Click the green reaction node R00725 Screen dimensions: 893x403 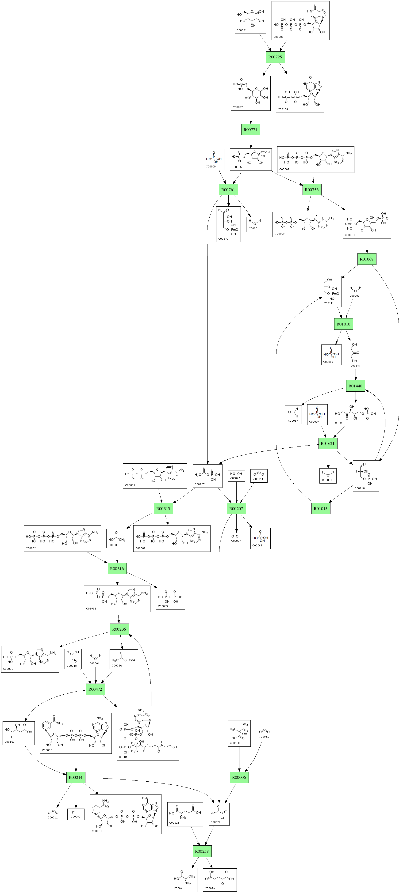275,57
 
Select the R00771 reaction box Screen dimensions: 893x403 250,130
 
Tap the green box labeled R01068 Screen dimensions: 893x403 367,259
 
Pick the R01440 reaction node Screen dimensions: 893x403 356,386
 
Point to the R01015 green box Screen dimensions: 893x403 321,509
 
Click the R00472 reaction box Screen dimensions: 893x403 95,689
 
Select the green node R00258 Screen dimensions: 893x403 202,851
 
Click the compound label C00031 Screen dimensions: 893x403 241,30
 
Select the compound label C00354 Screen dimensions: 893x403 349,235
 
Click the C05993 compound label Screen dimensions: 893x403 91,608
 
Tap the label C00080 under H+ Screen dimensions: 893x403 76,816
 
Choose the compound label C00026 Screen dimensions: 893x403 210,888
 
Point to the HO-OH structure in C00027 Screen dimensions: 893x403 236,473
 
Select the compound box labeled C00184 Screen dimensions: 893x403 356,355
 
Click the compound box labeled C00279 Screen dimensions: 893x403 228,224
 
